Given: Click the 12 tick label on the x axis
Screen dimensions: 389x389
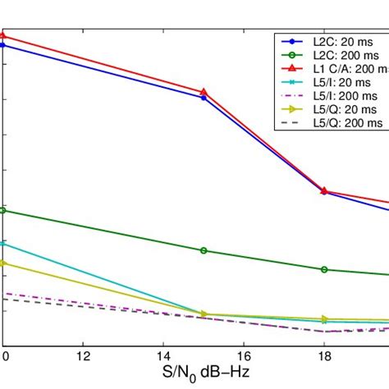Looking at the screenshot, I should pos(83,355).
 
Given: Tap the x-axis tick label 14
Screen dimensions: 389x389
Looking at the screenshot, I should pos(163,355).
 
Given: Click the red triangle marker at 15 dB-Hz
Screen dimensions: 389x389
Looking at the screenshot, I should pos(204,92).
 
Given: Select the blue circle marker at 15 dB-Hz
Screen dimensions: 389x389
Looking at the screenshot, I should pos(204,98).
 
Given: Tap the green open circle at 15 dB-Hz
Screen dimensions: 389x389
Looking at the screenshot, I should pos(204,250).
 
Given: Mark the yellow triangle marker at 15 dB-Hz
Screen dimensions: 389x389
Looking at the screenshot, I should pos(204,314).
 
